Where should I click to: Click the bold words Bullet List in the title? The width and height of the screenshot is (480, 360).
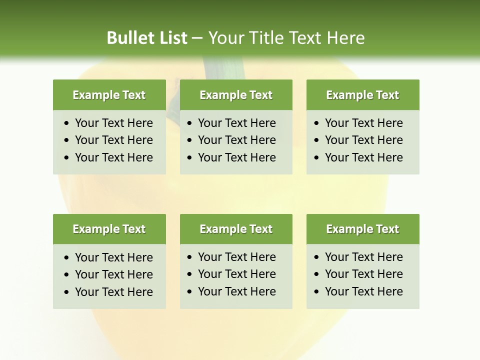(x=147, y=38)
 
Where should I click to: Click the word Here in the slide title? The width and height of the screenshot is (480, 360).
(x=345, y=38)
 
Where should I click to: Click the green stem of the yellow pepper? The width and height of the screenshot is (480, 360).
(x=222, y=68)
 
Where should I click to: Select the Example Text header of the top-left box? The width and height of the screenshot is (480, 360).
(x=109, y=95)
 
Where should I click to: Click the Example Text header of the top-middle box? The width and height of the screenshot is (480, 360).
(x=236, y=95)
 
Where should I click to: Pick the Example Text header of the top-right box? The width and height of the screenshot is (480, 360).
(x=362, y=95)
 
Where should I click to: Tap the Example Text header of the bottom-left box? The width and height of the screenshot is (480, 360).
(x=109, y=229)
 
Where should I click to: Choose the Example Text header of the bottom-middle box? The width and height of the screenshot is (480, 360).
(x=236, y=229)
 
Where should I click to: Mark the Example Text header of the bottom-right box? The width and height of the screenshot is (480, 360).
(x=362, y=229)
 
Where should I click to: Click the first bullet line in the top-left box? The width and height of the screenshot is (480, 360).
(x=113, y=123)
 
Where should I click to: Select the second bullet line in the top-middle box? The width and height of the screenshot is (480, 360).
(x=236, y=140)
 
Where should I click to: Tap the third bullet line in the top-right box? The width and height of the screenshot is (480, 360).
(x=363, y=157)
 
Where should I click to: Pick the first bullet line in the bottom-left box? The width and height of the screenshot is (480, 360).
(x=113, y=257)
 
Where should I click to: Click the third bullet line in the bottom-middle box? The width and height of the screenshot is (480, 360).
(x=236, y=291)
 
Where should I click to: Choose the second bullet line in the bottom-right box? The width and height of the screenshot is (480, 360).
(x=363, y=274)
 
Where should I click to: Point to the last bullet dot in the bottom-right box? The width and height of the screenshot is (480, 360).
(x=316, y=292)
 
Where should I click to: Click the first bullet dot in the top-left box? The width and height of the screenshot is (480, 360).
(x=67, y=123)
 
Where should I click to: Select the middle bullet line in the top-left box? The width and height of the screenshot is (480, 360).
(x=113, y=140)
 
